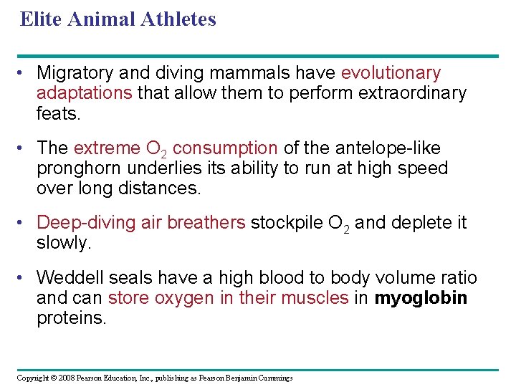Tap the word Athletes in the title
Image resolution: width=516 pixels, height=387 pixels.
tap(180, 19)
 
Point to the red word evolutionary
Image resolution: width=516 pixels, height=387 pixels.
tap(391, 73)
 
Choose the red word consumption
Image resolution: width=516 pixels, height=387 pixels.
tap(225, 148)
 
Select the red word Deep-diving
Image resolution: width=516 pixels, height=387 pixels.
tap(79, 223)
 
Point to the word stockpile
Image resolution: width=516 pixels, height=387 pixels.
tap(282, 223)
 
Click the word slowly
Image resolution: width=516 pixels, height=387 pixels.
tap(64, 243)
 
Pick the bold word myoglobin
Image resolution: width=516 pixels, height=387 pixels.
tap(421, 297)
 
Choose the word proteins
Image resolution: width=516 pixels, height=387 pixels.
tap(71, 317)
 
